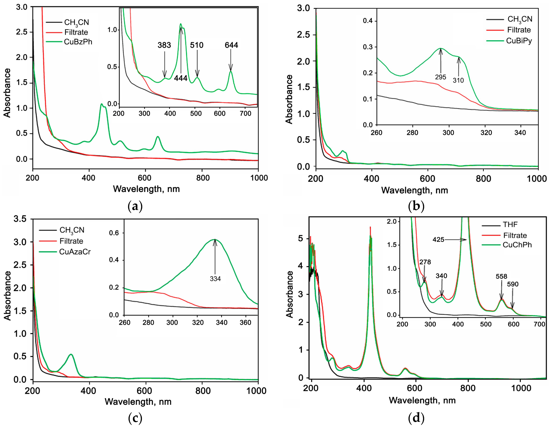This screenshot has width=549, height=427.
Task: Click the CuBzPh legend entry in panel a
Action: coord(78,42)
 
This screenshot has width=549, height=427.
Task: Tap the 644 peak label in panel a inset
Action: coord(231,45)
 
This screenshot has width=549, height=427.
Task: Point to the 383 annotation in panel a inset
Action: coord(164,45)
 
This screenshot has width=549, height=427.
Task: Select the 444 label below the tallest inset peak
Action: coord(181,78)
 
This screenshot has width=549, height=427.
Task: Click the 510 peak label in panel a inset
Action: coord(197,45)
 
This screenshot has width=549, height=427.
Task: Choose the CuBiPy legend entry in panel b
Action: coord(519,41)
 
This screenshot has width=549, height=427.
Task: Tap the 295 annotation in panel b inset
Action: coord(440,77)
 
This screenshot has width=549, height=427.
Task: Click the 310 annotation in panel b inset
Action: coord(458,80)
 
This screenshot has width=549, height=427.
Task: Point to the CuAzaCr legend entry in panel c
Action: coord(75,252)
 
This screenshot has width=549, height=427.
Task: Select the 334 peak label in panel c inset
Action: coord(215,279)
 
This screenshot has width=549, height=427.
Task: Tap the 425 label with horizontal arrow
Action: coord(438,239)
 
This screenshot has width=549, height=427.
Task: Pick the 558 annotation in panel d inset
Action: coord(501,276)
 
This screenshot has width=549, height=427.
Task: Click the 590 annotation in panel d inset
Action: coord(513,284)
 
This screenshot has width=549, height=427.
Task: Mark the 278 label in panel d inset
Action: coord(425,262)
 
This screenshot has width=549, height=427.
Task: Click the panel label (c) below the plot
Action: coord(135,418)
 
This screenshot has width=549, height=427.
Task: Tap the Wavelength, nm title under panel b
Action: coord(414,190)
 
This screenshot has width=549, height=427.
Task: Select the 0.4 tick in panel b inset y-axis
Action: coord(368,21)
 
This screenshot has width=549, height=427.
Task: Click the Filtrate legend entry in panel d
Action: coord(515,235)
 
